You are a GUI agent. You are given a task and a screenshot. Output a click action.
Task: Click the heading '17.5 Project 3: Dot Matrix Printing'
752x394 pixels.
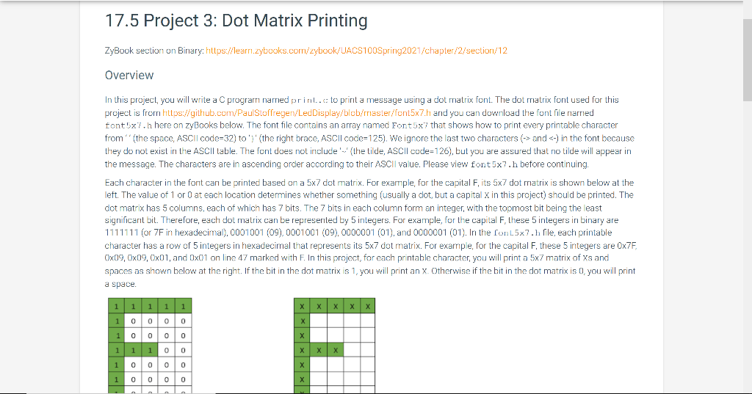coord(236,21)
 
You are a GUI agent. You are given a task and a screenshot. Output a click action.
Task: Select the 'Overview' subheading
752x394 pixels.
coord(129,75)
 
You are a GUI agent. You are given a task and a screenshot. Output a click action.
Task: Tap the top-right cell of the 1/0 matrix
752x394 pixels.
coord(182,305)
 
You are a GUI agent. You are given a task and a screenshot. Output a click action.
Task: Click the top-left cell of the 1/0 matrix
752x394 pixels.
coord(116,305)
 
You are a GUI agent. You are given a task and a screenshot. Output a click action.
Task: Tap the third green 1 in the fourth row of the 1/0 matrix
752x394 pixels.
coord(149,351)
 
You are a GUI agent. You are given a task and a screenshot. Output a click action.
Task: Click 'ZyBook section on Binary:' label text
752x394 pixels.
coord(146,50)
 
